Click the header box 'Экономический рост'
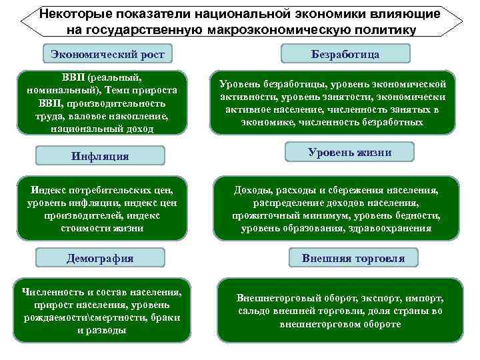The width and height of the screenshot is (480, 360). tap(107, 53)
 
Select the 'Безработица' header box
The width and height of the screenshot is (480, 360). tap(345, 53)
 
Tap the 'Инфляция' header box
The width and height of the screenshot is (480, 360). tap(100, 156)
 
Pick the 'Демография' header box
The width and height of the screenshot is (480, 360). tap(100, 258)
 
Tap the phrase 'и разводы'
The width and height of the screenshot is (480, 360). tap(101, 330)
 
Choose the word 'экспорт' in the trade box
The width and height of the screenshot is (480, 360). tap(373, 299)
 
